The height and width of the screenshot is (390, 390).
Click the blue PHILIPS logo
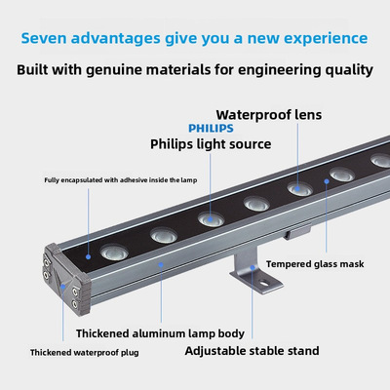pyautogui.click(x=211, y=128)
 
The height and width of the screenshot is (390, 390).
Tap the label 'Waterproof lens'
pyautogui.click(x=269, y=115)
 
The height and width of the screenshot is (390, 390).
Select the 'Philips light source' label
pyautogui.click(x=211, y=144)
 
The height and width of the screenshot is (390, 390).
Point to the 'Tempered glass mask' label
pyautogui.click(x=315, y=264)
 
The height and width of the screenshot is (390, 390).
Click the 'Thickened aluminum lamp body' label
pyautogui.click(x=160, y=333)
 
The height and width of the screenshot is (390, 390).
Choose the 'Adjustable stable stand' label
pyautogui.click(x=252, y=351)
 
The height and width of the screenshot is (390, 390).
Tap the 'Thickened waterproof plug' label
pyautogui.click(x=85, y=353)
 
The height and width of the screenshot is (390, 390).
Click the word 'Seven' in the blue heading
pyautogui.click(x=44, y=38)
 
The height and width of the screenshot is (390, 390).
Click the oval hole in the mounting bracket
pyautogui.click(x=266, y=283)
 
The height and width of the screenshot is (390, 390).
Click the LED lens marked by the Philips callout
pyautogui.click(x=211, y=219)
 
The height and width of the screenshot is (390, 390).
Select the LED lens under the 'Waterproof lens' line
pyautogui.click(x=299, y=189)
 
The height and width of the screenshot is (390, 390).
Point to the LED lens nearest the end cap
pyautogui.click(x=114, y=252)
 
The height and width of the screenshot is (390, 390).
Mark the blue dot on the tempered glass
pyautogui.click(x=327, y=181)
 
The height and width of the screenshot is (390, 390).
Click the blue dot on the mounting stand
pyautogui.click(x=253, y=267)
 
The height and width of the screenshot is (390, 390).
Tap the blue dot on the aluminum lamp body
pyautogui.click(x=161, y=265)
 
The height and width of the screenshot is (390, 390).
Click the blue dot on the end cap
pyautogui.click(x=62, y=287)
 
